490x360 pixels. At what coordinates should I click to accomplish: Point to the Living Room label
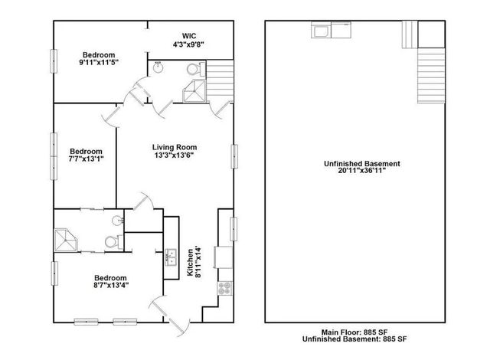pyautogui.click(x=175, y=147)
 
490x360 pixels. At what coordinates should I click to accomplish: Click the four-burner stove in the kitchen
pyautogui.click(x=225, y=289)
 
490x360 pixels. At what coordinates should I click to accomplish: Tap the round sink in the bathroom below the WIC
pyautogui.click(x=158, y=66)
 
